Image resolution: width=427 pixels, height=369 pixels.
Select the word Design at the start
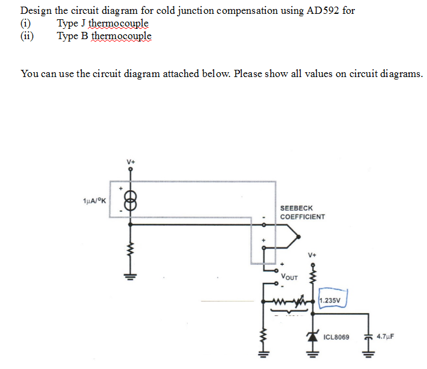coord(36,11)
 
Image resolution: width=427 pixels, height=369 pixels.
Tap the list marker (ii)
coord(27,36)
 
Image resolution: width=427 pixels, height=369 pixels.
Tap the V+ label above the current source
coord(131,161)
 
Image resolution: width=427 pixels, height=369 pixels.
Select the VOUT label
coord(289,278)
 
